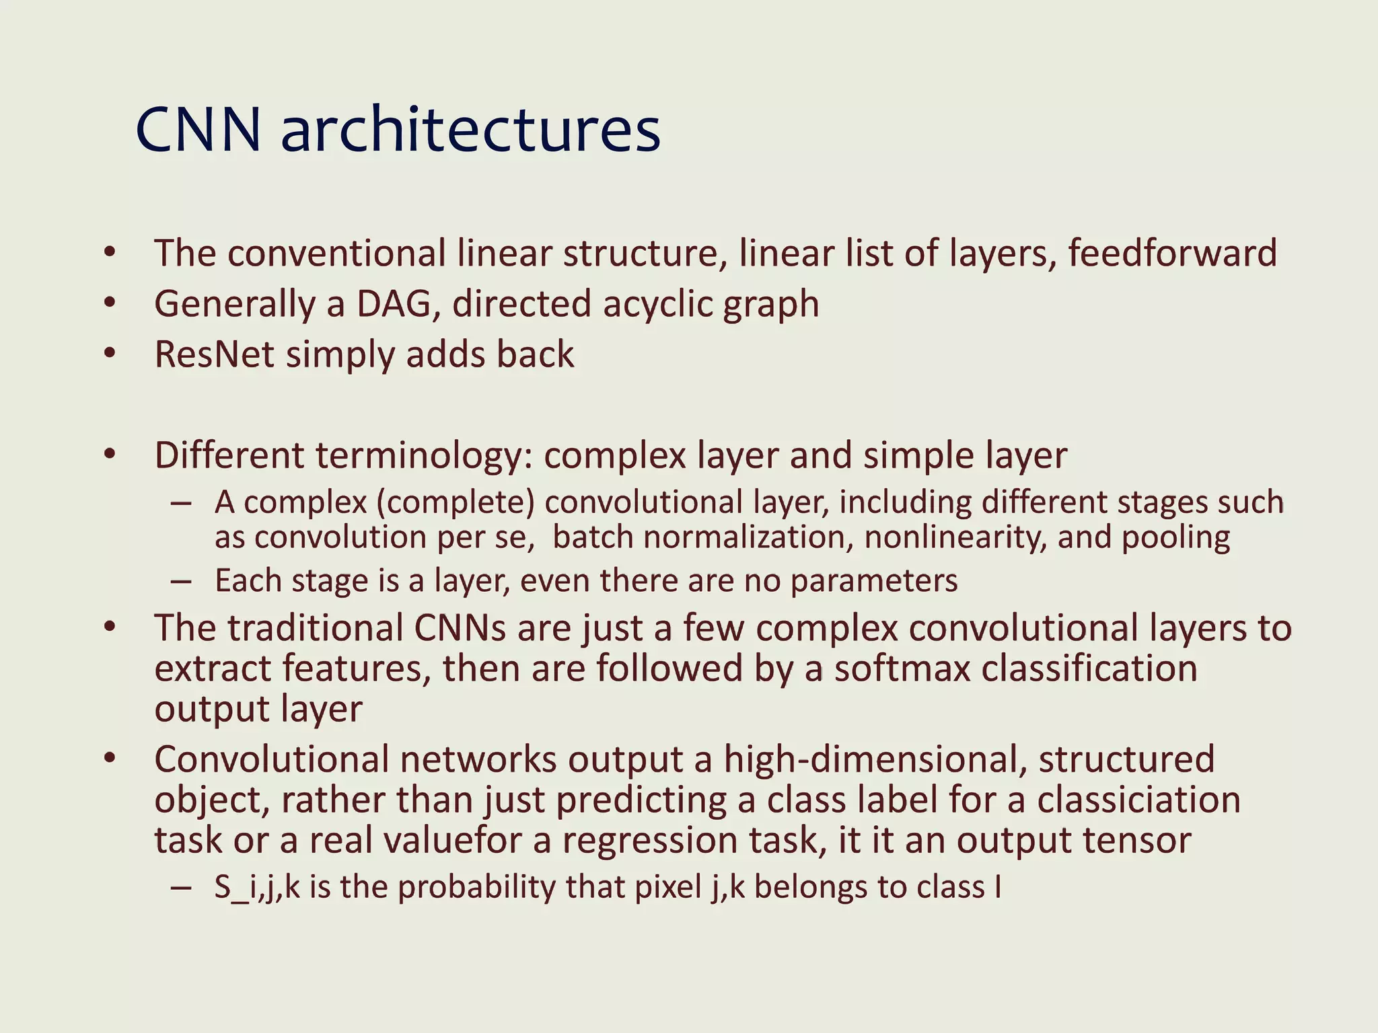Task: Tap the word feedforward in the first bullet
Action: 1172,254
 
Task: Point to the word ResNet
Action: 214,354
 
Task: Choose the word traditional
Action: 316,628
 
